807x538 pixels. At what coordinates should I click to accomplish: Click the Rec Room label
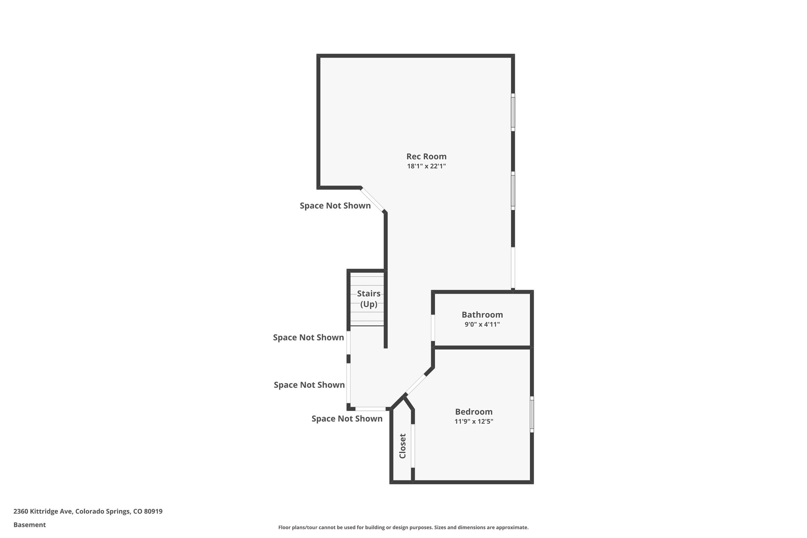426,156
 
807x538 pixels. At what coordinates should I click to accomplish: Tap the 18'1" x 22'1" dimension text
426,166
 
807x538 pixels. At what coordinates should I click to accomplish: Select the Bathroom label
482,315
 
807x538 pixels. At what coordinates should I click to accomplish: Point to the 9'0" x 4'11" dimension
482,324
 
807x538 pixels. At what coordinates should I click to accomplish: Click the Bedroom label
474,411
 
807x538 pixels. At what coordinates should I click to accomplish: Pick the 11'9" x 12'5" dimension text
474,421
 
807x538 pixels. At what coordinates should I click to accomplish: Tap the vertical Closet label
403,446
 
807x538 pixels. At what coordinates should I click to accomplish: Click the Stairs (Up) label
369,299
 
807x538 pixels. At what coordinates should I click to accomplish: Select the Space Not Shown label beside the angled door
335,206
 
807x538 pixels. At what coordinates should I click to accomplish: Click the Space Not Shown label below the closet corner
347,419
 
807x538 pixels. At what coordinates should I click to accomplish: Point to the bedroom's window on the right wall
532,414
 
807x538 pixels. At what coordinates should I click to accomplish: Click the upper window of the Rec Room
513,112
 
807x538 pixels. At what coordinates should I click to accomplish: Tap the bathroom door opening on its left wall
433,328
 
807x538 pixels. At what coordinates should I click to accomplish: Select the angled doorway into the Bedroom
416,384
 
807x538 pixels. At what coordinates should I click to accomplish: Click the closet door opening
413,446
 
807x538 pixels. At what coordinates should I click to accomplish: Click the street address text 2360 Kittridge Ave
43,512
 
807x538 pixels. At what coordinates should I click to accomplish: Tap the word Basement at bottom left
30,525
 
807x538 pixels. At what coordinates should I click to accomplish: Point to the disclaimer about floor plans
403,527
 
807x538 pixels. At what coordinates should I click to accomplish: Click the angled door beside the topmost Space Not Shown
372,200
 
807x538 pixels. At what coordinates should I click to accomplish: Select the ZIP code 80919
153,512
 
